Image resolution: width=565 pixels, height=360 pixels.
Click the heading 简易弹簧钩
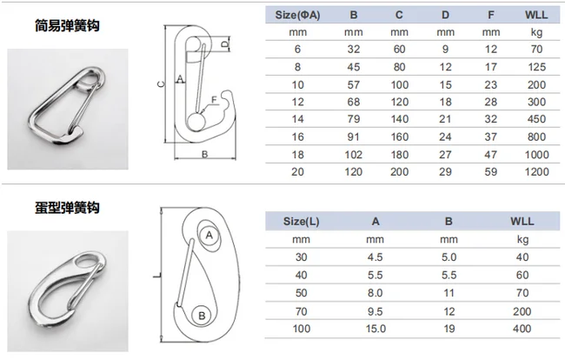click(x=67, y=25)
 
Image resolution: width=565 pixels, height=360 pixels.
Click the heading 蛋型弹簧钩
click(x=67, y=208)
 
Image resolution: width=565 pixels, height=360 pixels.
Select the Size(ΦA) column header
click(x=297, y=15)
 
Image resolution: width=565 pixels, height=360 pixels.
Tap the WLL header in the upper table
click(x=536, y=15)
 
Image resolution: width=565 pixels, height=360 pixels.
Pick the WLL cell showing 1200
click(x=536, y=171)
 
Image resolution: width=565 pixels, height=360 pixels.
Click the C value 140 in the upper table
click(x=399, y=119)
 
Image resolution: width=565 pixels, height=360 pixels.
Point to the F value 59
click(x=491, y=171)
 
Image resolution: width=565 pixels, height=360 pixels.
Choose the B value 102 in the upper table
click(x=353, y=154)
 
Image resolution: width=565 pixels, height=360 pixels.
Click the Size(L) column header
click(x=302, y=221)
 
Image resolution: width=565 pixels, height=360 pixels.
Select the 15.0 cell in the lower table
click(x=376, y=329)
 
